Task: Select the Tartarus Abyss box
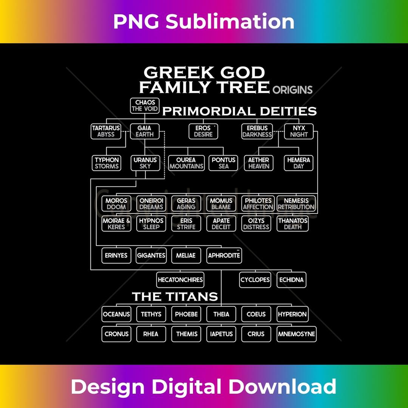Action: (106, 131)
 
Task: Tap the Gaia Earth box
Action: (145, 131)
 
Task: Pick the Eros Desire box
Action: (203, 131)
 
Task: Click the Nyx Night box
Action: (299, 131)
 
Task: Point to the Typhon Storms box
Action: (107, 163)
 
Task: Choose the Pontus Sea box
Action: (223, 163)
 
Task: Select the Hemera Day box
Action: (298, 163)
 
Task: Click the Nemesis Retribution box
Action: (296, 204)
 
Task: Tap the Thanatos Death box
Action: (293, 224)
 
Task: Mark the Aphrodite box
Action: (224, 255)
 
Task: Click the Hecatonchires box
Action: (181, 280)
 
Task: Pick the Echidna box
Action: (291, 280)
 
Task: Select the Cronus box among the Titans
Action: (116, 334)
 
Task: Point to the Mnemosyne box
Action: (297, 334)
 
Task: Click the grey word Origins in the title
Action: (292, 90)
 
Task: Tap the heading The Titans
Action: (175, 297)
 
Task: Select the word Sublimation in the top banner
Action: (230, 22)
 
